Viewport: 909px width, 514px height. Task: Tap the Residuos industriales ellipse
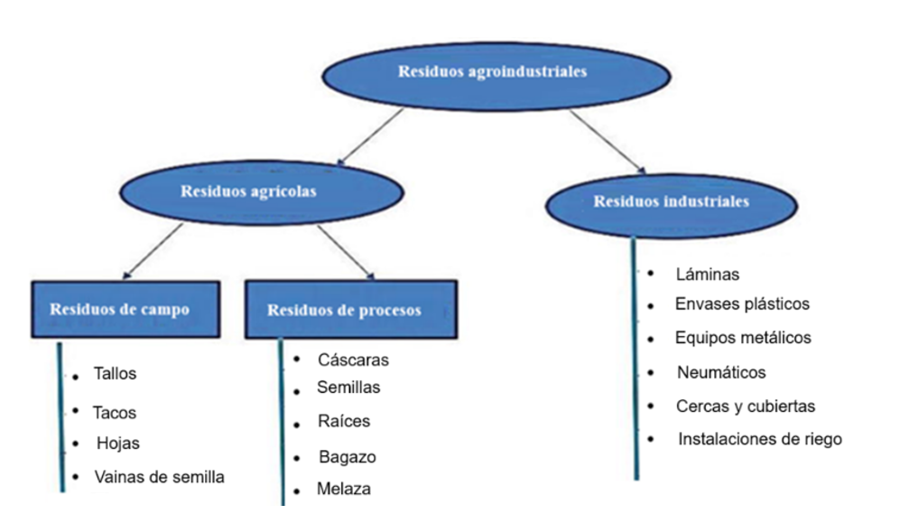[x=670, y=202]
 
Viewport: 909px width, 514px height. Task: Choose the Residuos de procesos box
[x=343, y=310]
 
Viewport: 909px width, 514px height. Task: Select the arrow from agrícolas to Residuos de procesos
[x=346, y=251]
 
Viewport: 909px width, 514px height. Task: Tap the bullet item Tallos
[x=116, y=373]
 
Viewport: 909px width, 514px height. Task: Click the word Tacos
[x=115, y=413]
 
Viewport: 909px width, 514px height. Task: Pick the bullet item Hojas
[x=118, y=444]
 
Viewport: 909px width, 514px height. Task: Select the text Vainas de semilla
[x=159, y=477]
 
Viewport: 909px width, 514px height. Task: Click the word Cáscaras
[x=353, y=360]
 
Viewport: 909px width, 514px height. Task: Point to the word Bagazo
[x=347, y=457]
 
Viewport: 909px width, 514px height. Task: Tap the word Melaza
[x=344, y=490]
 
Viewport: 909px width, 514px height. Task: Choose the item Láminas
[x=707, y=275]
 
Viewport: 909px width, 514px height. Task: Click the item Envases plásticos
[x=742, y=304]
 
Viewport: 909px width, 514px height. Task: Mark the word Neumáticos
[x=721, y=372]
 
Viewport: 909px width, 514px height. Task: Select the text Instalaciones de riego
[x=760, y=440]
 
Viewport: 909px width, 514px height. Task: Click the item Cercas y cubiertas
[x=746, y=407]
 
